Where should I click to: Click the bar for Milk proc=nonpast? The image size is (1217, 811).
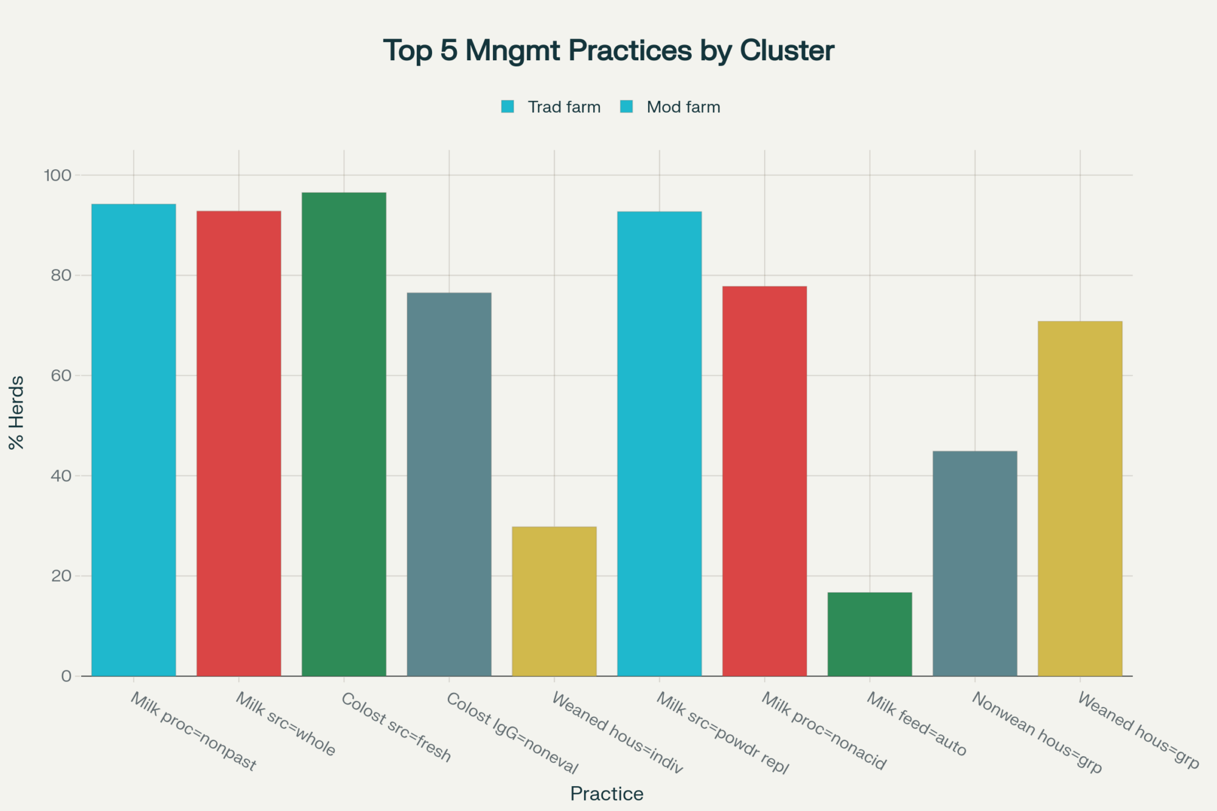click(133, 439)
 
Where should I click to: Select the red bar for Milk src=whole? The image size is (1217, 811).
click(239, 443)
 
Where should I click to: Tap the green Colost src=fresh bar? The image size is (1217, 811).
click(344, 434)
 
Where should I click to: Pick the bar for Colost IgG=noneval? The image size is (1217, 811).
click(449, 484)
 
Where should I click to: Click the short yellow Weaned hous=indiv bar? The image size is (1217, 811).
click(554, 600)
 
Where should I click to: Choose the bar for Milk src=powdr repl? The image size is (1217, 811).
click(659, 443)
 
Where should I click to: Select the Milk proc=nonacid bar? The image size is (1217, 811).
click(764, 481)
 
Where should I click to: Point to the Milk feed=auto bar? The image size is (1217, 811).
click(870, 633)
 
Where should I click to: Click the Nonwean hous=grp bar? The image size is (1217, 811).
click(975, 563)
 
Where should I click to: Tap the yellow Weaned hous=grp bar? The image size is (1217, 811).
click(1079, 498)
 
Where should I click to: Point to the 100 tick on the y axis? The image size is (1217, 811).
click(57, 175)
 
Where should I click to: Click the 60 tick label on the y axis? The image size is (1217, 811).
click(61, 375)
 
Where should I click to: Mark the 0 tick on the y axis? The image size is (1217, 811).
click(66, 676)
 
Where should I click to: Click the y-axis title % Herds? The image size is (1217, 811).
click(16, 412)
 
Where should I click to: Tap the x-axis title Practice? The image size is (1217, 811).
click(607, 794)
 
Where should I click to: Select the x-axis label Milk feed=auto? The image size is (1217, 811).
click(916, 724)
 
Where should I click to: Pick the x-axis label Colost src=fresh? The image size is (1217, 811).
click(396, 727)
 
